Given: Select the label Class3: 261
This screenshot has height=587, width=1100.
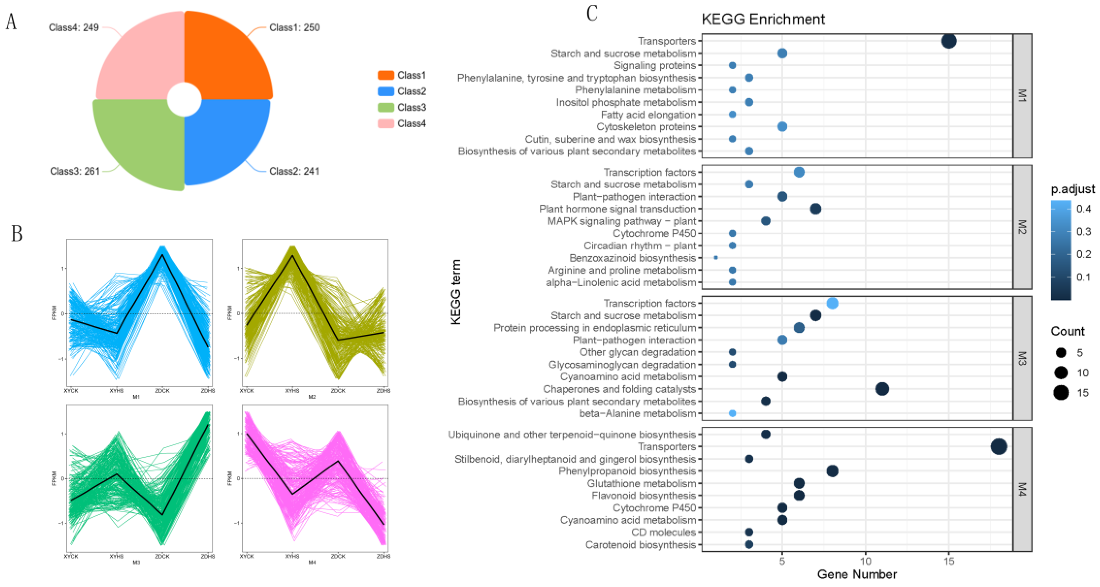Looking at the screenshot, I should point(75,171).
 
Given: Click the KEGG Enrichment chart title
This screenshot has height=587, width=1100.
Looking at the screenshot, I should point(763,19).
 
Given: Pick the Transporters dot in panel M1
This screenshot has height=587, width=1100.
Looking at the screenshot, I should point(948,41).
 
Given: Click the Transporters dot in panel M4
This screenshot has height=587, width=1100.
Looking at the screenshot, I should point(999,446).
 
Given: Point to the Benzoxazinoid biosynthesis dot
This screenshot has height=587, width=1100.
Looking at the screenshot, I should point(716,258).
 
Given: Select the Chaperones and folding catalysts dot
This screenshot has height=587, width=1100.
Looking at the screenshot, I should point(882,389).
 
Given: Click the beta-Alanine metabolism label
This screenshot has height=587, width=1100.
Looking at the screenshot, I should point(637,414).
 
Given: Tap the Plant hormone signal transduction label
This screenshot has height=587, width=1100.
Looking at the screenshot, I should point(617,209).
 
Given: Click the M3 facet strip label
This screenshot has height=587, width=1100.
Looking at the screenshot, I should point(1022,358).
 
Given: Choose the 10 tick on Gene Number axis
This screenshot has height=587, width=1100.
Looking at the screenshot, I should point(865,561).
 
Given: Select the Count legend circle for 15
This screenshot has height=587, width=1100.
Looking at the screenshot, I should point(1061,392).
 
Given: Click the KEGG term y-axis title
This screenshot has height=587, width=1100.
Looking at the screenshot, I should point(456,292).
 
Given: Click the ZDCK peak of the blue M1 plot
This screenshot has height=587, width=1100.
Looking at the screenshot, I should point(162,255).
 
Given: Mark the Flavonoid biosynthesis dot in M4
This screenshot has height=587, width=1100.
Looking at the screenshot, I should point(799,496).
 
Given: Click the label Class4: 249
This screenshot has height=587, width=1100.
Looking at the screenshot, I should point(73,28).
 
